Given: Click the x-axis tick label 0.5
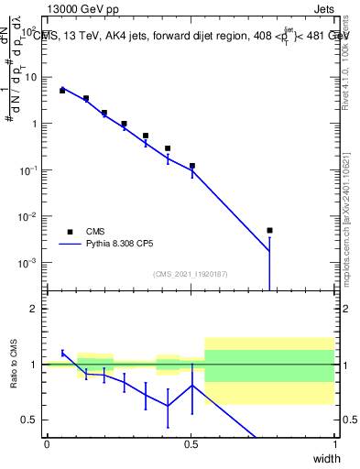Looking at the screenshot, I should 191,444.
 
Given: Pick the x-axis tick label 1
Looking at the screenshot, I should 334,444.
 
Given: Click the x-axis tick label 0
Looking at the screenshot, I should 47,444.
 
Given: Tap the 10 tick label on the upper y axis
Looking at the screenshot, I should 32,77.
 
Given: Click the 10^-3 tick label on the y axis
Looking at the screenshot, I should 29,263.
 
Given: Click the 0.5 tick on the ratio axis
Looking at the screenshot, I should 32,420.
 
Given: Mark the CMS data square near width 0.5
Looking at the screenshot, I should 192,166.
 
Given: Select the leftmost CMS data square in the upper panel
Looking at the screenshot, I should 62,91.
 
